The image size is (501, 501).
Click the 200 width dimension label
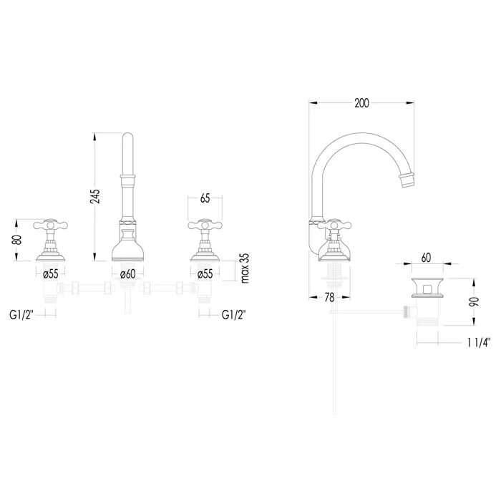tap(361, 103)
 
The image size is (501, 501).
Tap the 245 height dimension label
tap(95, 197)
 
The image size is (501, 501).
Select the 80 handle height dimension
tap(17, 240)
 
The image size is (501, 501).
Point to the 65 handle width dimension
tap(205, 198)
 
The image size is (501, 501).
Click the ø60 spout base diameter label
tap(128, 274)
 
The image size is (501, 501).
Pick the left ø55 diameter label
tap(51, 274)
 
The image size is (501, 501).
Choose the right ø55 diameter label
tap(205, 274)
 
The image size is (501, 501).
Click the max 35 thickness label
tap(245, 268)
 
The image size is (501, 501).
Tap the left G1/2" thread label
tap(21, 315)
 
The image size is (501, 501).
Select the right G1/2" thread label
tap(234, 315)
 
